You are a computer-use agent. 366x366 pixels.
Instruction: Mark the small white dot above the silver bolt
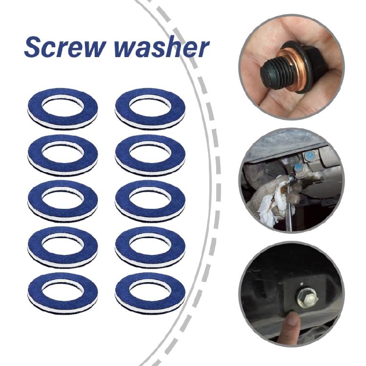click(x=303, y=283)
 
